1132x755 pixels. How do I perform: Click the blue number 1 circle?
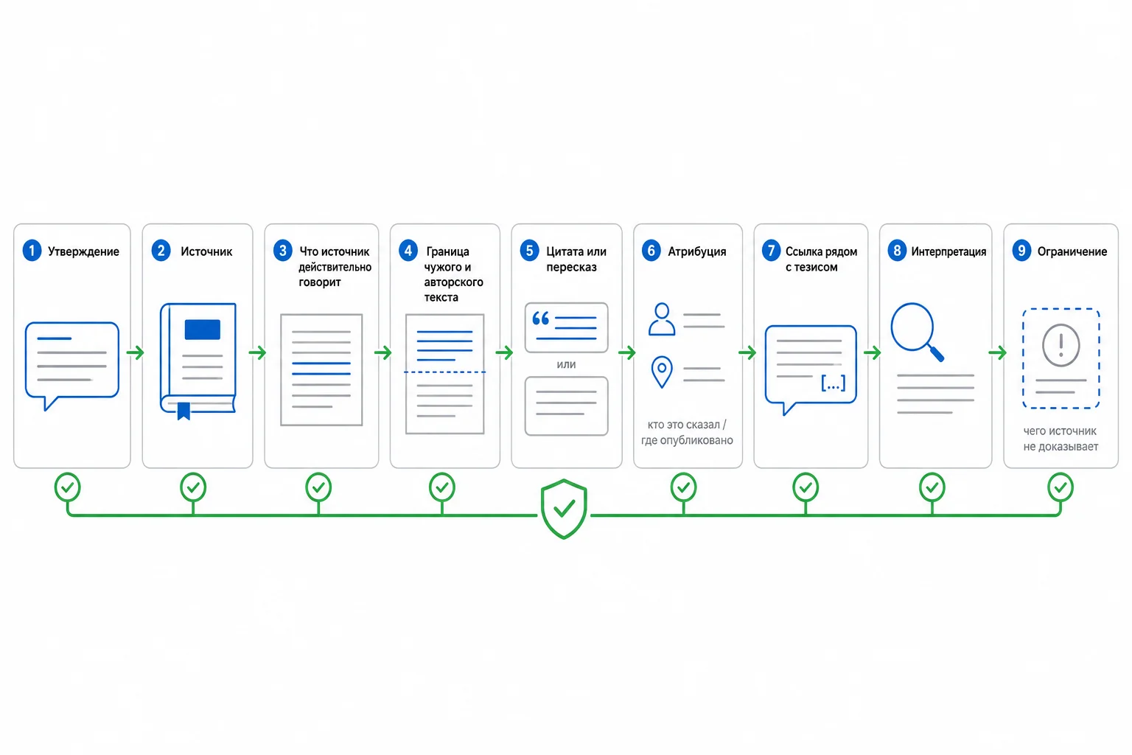pos(32,251)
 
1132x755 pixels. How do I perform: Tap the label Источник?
pos(206,251)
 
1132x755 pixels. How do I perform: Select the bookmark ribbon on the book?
pos(184,411)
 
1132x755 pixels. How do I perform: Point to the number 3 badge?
pos(282,251)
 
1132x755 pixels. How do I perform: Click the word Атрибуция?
pos(697,251)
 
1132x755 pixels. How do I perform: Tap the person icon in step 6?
pos(662,319)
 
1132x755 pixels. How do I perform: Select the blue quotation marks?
pos(540,319)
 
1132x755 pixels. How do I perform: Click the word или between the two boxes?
pos(566,365)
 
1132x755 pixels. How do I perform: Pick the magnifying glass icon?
pos(917,332)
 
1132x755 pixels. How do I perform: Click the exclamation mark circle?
pos(1061,345)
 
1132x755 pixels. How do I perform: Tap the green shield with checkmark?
pos(564,509)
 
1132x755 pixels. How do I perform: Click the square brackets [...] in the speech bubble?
pos(834,383)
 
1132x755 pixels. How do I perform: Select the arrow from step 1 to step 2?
pos(135,352)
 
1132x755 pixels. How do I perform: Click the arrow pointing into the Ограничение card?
pos(997,352)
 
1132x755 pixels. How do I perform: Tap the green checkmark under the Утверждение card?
pos(67,487)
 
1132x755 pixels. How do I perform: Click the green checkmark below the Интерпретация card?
pos(932,487)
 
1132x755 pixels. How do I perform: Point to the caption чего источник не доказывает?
pos(1061,439)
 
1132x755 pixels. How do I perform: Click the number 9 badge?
pos(1021,251)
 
